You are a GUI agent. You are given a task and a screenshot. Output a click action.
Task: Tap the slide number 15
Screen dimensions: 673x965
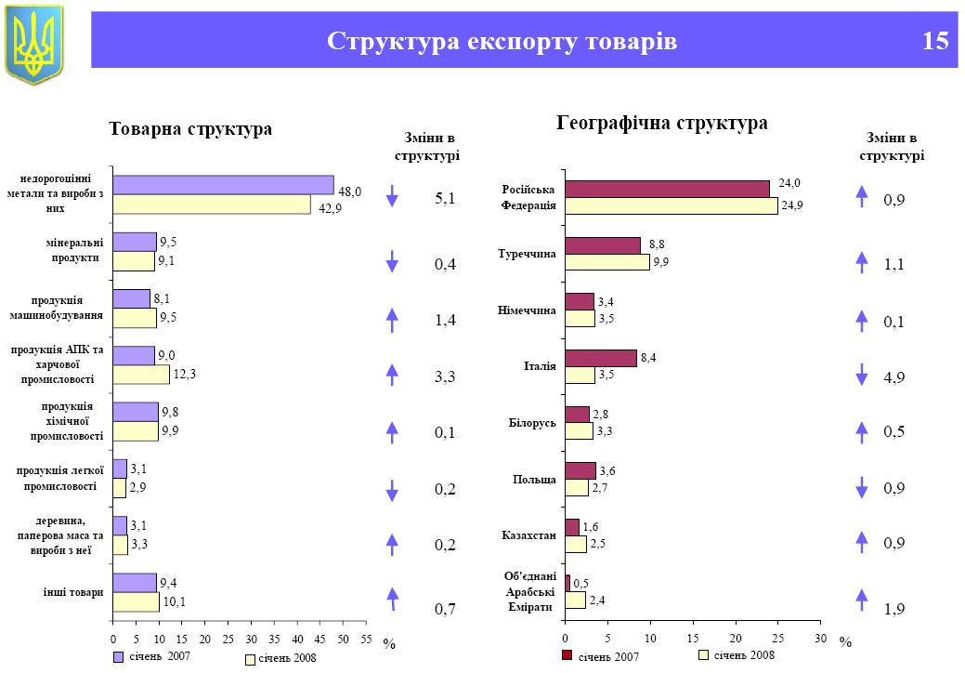click(935, 41)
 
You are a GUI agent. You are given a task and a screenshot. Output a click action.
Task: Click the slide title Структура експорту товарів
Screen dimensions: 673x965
click(502, 41)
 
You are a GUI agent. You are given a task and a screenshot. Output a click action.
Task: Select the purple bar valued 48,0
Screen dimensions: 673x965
click(223, 185)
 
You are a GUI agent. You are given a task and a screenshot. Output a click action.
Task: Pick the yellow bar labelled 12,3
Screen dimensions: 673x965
click(141, 375)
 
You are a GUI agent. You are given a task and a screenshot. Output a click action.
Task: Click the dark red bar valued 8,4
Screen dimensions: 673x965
click(601, 358)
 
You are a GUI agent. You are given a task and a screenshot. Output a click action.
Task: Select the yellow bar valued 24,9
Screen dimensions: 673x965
click(671, 206)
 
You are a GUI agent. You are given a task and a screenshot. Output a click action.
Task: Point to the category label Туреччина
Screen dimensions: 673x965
click(528, 253)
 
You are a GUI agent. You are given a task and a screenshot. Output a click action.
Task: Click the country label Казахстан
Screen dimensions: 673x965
click(528, 536)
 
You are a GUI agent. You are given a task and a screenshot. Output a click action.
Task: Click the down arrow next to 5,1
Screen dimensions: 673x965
click(392, 196)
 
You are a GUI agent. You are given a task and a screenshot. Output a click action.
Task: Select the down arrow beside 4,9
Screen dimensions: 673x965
click(861, 375)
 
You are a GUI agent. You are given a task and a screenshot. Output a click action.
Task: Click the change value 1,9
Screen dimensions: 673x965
click(894, 610)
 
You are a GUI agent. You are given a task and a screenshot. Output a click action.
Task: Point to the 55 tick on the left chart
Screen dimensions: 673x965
click(367, 639)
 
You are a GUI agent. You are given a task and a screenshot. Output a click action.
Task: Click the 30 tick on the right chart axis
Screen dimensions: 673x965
click(820, 639)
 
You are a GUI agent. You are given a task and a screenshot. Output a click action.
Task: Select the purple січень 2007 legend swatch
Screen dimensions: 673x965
click(118, 657)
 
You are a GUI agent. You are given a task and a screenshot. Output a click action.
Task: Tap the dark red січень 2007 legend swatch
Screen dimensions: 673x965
click(567, 657)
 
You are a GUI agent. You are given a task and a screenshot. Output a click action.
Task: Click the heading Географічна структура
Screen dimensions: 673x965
click(662, 123)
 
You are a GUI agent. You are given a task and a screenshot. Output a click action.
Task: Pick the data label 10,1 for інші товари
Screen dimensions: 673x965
click(174, 601)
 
